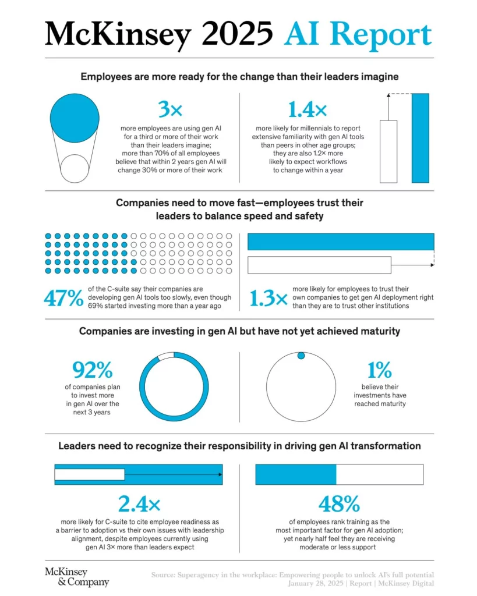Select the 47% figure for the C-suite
click(63, 298)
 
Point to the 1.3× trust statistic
click(268, 298)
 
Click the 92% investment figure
click(93, 370)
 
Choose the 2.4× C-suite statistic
click(139, 503)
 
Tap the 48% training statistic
click(339, 503)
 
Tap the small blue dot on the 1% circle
click(301, 356)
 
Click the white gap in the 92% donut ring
click(166, 356)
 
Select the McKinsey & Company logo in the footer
click(76, 576)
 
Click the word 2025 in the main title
click(232, 34)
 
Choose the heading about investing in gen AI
click(239, 331)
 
